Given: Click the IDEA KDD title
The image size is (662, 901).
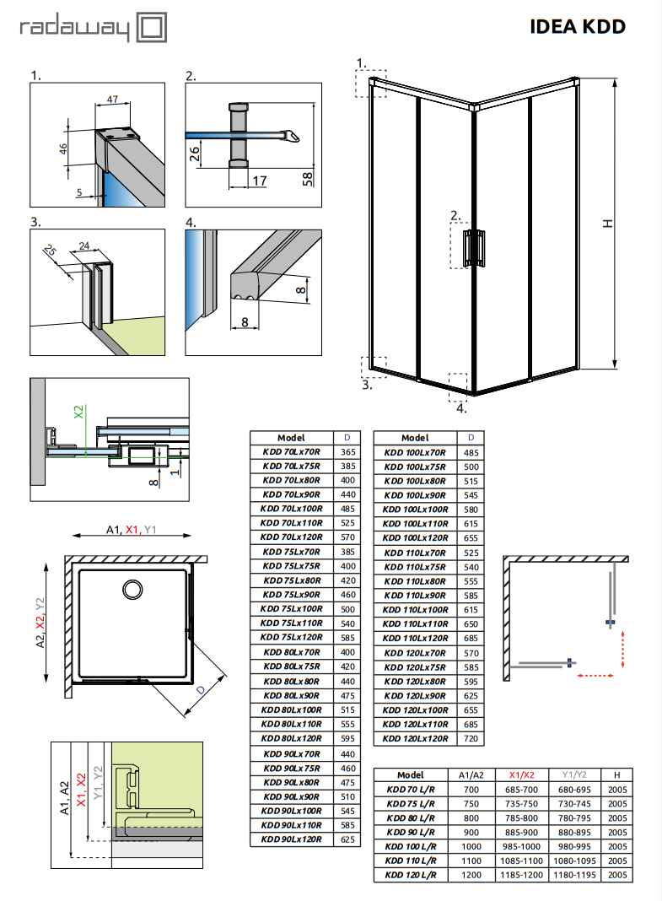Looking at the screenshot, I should click(x=578, y=26).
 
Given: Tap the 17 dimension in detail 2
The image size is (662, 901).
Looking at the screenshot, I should click(x=260, y=181).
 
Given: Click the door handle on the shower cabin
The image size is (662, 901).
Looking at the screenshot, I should click(x=476, y=246).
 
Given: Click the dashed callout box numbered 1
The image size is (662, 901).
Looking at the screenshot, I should click(x=371, y=83).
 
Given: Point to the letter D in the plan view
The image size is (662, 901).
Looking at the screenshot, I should click(x=200, y=689).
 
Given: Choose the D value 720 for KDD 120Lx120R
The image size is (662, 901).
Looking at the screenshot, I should click(x=471, y=738).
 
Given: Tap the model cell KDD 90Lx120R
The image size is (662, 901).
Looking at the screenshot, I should click(x=292, y=839).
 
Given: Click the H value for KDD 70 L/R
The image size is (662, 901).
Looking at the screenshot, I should click(x=618, y=789).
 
